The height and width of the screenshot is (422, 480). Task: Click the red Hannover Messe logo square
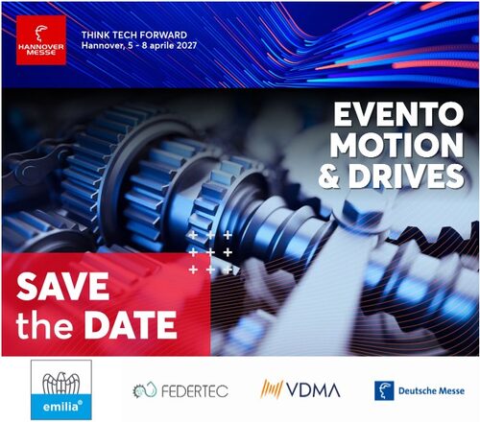coord(41,40)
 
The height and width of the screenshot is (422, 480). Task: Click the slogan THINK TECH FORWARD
coord(134,35)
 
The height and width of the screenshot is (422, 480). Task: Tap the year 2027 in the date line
coord(186,45)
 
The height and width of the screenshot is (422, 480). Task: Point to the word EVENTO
coord(398,114)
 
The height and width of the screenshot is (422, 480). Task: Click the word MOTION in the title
coord(396,146)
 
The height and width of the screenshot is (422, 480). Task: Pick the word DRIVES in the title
coord(406,176)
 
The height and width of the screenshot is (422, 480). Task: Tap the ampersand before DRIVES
coord(328,176)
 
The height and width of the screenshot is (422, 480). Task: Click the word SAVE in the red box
coord(63,287)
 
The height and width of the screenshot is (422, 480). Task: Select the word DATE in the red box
coord(131,325)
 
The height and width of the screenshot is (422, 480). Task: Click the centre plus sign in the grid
coord(210,252)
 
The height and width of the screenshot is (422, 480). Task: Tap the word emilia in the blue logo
coord(60,407)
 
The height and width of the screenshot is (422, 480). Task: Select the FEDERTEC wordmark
coord(195,391)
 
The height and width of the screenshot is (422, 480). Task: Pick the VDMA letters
coord(313,389)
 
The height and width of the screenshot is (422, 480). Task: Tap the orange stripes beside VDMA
coord(272,388)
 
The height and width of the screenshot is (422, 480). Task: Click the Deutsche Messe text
coord(431,390)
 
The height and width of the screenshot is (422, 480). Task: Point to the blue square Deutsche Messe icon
coord(384,390)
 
